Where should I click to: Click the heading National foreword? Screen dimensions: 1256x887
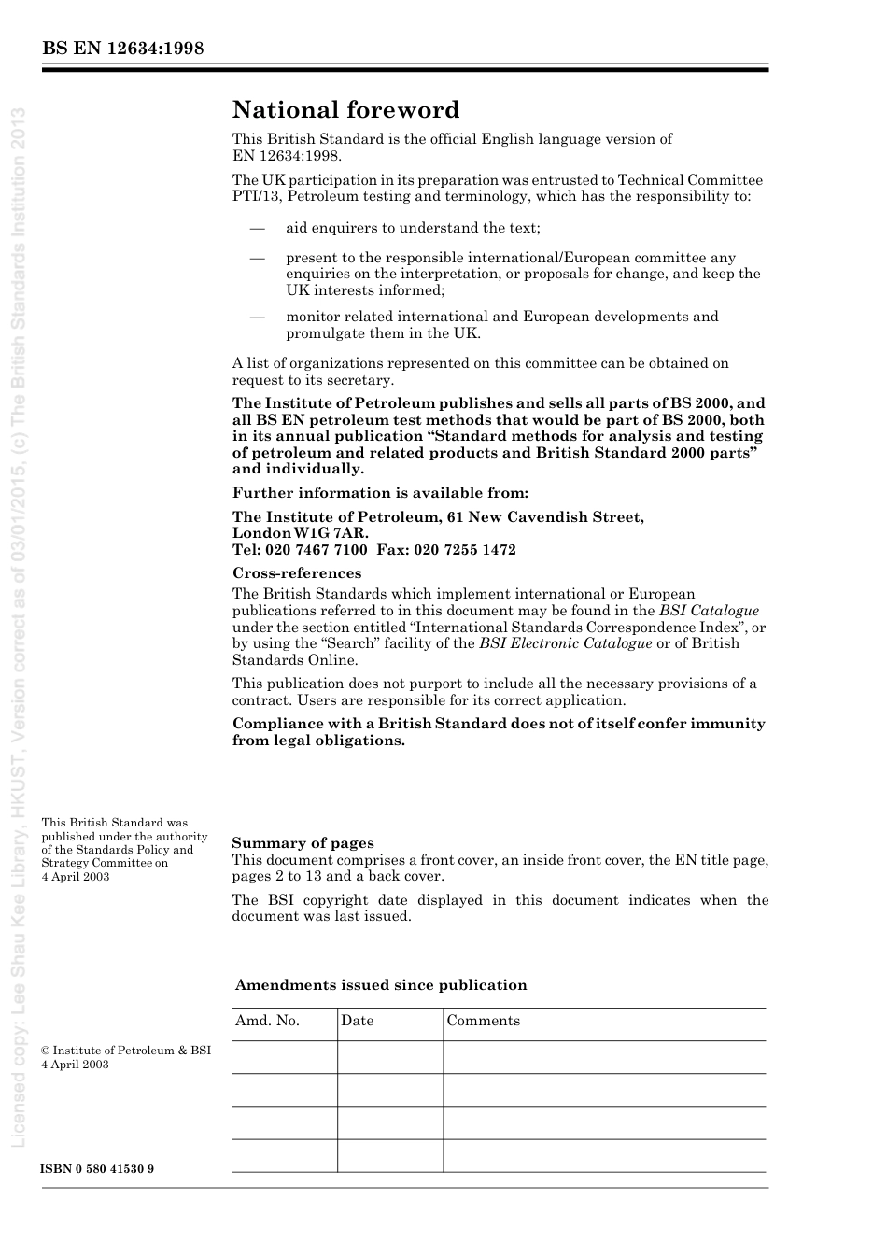pos(345,110)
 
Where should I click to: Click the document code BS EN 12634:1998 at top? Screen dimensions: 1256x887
pos(122,49)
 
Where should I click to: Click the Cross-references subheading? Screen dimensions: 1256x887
pos(297,573)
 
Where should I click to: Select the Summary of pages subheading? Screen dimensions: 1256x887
pos(303,843)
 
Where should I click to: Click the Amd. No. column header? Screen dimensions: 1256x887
pos(268,1021)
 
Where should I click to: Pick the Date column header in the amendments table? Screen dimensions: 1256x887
pos(357,1021)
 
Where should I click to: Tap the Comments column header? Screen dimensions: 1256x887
pos(483,1021)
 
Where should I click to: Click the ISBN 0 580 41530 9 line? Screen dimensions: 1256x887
pos(98,1169)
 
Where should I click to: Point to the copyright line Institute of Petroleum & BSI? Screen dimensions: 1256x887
pos(127,1051)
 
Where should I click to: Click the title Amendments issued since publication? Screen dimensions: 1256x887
pos(381,985)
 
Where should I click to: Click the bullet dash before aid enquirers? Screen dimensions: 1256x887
pos(257,228)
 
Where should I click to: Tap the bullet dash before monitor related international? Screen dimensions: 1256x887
pos(257,317)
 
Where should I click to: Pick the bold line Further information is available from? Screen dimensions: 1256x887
pos(380,493)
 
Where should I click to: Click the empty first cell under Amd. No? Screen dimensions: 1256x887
pos(284,1057)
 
